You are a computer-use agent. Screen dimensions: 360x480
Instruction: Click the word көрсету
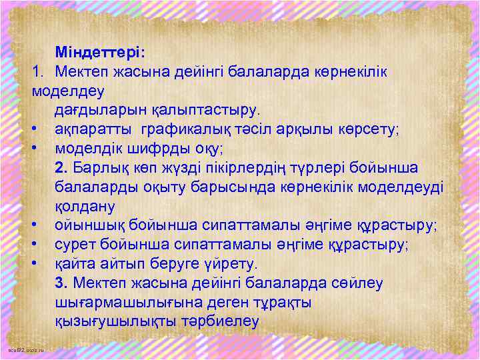pyautogui.click(x=366, y=128)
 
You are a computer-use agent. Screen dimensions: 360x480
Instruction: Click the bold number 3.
pyautogui.click(x=62, y=283)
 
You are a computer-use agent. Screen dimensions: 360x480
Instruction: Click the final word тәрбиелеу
pyautogui.click(x=220, y=321)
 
